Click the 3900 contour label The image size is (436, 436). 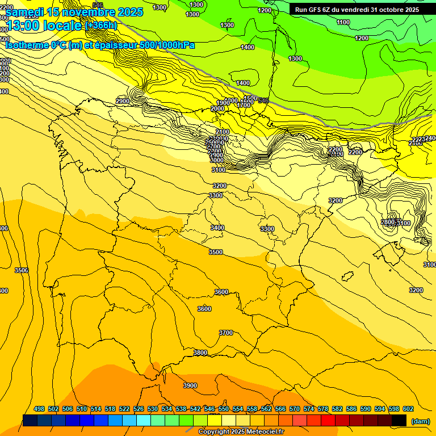[x=190, y=385]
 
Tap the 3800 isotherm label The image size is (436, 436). [x=200, y=353]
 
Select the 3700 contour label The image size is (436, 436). [x=226, y=333]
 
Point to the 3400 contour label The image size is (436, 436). [x=217, y=228]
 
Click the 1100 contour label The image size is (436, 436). [x=343, y=22]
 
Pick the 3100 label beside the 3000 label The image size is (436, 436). [x=218, y=170]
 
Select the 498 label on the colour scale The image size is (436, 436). [x=39, y=409]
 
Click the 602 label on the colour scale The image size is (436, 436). [x=408, y=409]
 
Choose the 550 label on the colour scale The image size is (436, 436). [x=224, y=409]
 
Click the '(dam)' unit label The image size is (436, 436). [x=421, y=421]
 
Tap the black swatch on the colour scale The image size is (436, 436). [x=399, y=420]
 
